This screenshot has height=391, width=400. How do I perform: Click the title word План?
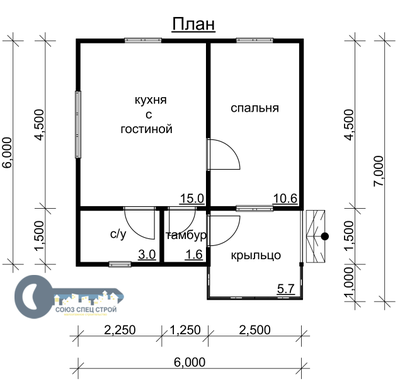(x=193, y=24)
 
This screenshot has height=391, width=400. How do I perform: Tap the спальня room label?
(x=255, y=108)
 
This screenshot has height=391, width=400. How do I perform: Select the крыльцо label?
(x=256, y=256)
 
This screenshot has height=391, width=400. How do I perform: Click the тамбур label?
(x=186, y=235)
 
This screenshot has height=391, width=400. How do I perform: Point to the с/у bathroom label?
(x=118, y=235)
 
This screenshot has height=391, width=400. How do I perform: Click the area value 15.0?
(x=192, y=199)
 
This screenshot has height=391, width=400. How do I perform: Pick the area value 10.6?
(x=285, y=199)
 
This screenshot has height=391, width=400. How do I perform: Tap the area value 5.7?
(x=286, y=289)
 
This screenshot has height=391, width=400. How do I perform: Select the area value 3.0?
(x=147, y=255)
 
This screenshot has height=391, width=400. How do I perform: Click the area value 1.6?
(x=194, y=255)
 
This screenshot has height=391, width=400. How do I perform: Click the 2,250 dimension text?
(x=120, y=330)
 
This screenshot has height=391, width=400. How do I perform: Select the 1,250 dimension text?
(x=185, y=330)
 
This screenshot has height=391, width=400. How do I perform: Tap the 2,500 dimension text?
(x=255, y=330)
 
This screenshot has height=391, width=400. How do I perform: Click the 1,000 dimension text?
(x=348, y=283)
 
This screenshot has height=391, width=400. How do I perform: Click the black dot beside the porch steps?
(x=325, y=236)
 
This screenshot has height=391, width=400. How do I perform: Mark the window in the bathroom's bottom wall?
(x=120, y=264)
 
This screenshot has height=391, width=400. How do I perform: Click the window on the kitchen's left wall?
(x=78, y=125)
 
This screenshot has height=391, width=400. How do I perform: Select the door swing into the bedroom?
(x=223, y=154)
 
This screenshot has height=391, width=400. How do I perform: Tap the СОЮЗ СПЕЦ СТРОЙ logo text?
(x=86, y=310)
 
